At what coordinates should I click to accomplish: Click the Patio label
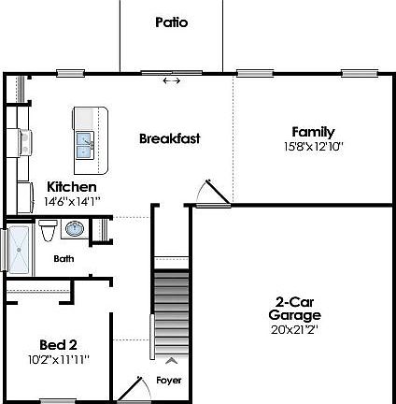(x=171, y=22)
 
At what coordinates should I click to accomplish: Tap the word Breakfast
(x=170, y=138)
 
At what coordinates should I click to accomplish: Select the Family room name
(x=313, y=132)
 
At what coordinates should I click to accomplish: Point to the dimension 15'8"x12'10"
(x=313, y=147)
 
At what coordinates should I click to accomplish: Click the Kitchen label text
(x=72, y=187)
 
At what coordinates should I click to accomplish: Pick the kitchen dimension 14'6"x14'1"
(x=72, y=200)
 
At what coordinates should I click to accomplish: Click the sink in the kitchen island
(x=85, y=146)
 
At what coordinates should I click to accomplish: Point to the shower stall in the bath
(x=18, y=249)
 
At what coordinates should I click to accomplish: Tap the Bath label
(x=64, y=259)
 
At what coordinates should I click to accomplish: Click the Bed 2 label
(x=58, y=343)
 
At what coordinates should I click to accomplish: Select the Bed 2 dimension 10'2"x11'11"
(x=58, y=357)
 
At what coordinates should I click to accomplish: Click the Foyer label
(x=168, y=381)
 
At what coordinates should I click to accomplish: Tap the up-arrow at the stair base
(x=170, y=359)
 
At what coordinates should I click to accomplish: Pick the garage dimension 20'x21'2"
(x=294, y=329)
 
